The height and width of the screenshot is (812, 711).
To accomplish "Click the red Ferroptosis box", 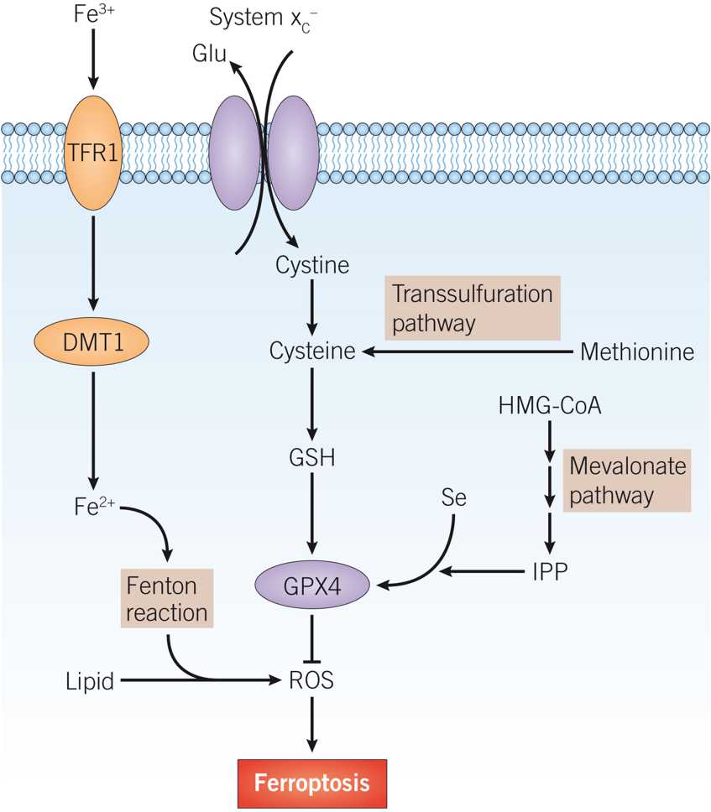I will point(312,783).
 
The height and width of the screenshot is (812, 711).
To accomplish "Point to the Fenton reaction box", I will point(166,599).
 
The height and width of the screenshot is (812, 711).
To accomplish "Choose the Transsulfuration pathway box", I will point(473,309).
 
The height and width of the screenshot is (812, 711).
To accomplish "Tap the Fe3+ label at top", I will point(92,16).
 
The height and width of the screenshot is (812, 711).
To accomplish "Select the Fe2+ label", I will point(93,507).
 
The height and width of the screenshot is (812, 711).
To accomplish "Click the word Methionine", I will point(637,352).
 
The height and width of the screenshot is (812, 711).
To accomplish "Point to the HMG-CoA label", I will point(549,406).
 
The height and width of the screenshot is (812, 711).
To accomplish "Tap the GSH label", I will point(312,459).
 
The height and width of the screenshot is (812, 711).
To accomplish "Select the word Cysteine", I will point(312,352).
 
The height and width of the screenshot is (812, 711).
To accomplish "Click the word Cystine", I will point(312,266).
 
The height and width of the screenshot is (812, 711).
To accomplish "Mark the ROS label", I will point(311,680).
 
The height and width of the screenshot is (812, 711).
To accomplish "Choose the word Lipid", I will point(90,681).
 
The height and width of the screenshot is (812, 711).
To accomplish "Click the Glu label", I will point(209,55).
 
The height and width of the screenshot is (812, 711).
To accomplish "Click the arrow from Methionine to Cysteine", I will point(470,353).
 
